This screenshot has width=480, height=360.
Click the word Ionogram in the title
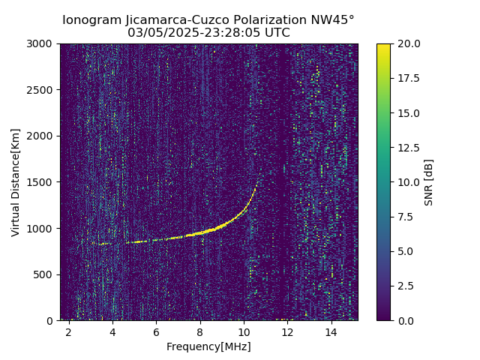coord(91,20)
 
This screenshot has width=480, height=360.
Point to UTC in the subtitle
coord(275,33)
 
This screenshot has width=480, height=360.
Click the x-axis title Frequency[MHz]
coord(208,346)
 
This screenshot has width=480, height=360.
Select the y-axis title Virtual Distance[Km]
coord(16,182)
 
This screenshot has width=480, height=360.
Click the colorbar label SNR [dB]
coord(429,182)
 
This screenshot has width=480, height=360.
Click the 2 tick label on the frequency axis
coord(69,331)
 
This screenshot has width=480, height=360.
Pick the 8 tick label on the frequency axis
coord(200,331)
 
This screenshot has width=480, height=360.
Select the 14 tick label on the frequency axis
coord(331,331)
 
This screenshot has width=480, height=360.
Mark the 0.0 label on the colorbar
coord(405,320)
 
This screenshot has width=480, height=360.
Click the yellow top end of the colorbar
coord(383,46)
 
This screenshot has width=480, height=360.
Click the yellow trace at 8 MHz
coord(200,233)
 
